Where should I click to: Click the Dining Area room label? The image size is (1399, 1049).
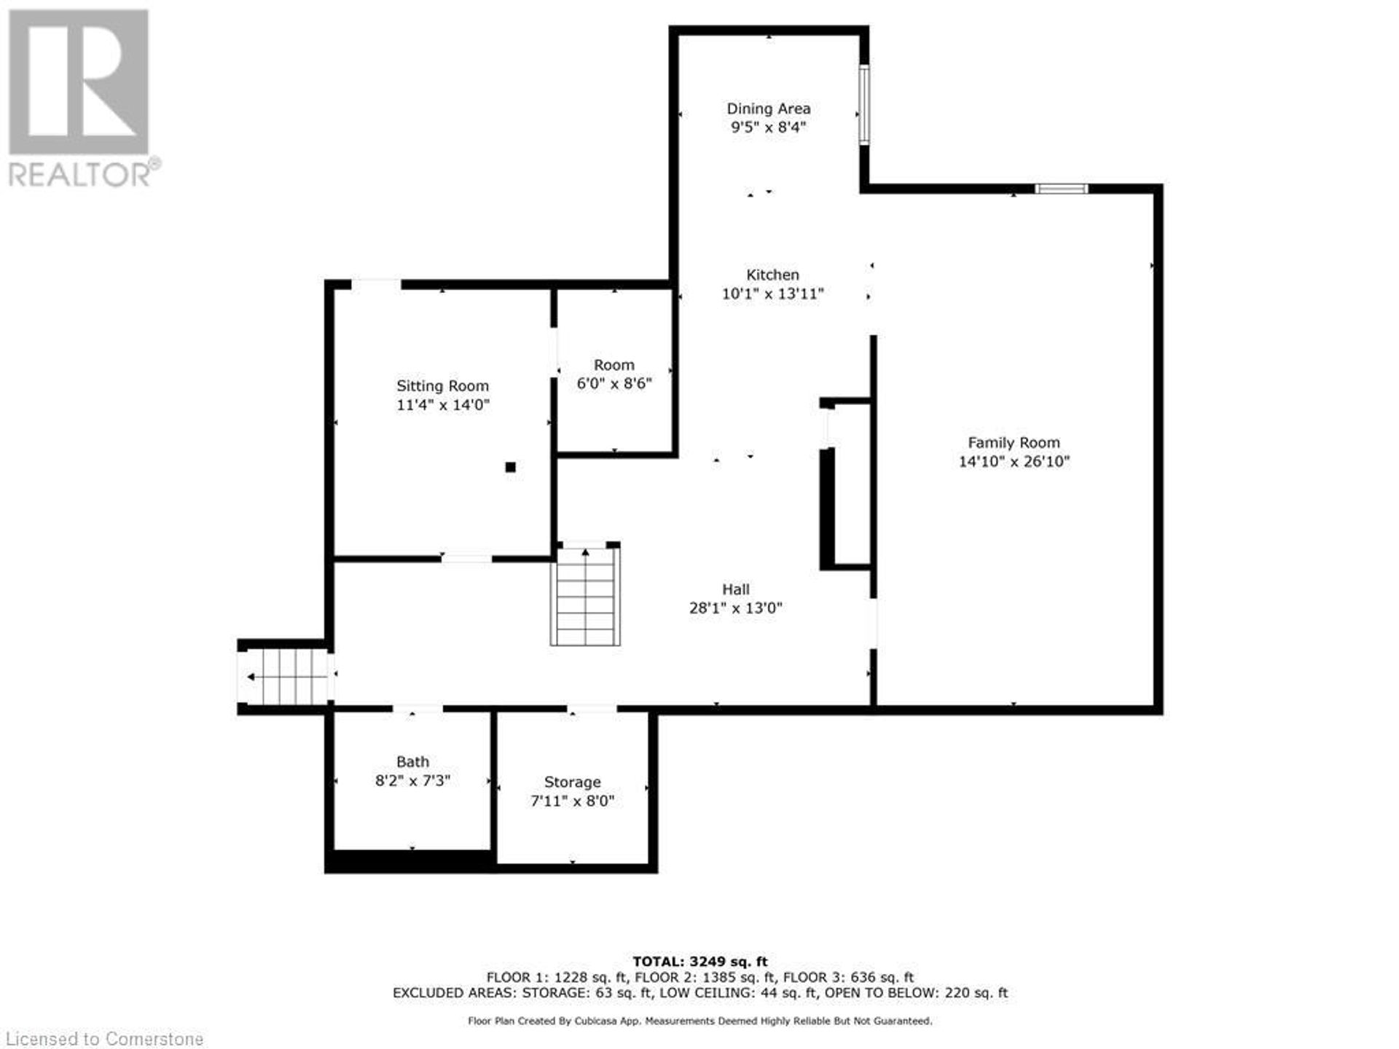point(769,109)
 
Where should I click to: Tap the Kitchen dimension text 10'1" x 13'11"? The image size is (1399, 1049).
point(772,294)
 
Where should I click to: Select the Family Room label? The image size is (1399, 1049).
point(1014,442)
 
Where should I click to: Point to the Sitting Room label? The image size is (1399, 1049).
point(442,386)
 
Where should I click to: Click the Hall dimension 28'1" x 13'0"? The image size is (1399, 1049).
point(736,608)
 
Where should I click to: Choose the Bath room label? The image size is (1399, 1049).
point(412,762)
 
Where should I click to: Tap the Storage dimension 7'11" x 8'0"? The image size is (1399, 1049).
point(572,801)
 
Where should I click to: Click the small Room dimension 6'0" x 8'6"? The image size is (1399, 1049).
point(614,383)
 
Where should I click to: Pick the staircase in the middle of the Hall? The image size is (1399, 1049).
point(585,596)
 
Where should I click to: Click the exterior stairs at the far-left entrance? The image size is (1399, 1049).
point(285,677)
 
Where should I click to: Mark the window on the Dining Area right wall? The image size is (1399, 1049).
point(863,105)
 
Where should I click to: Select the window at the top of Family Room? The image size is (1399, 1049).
point(1062,189)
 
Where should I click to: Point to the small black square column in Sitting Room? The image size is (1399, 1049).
point(511,468)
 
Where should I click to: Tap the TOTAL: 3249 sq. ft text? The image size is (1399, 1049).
point(699,962)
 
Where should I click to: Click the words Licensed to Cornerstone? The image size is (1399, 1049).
point(103,1038)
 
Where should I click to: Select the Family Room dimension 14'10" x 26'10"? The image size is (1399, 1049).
point(1014,461)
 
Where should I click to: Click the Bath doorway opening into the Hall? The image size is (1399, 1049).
point(418,708)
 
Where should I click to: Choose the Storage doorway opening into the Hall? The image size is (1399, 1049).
point(592,708)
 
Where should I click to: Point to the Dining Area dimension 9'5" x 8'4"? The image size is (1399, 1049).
point(769,127)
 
